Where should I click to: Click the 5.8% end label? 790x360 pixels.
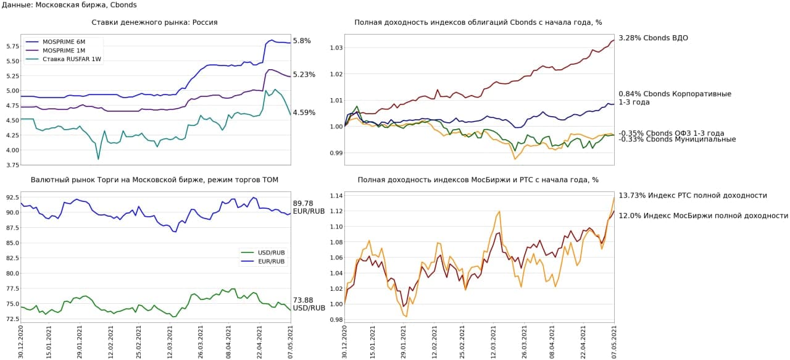[302, 41]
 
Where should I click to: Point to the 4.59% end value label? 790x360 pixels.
[304, 113]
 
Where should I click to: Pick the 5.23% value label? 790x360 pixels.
[304, 75]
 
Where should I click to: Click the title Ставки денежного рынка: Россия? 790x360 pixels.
[154, 22]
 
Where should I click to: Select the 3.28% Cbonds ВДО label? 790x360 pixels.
[653, 38]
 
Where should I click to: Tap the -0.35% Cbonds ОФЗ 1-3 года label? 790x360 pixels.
[671, 133]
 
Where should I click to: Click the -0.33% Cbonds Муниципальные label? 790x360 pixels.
[677, 140]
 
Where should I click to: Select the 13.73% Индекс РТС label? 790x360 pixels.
[692, 195]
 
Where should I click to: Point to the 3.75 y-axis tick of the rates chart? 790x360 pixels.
[11, 165]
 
